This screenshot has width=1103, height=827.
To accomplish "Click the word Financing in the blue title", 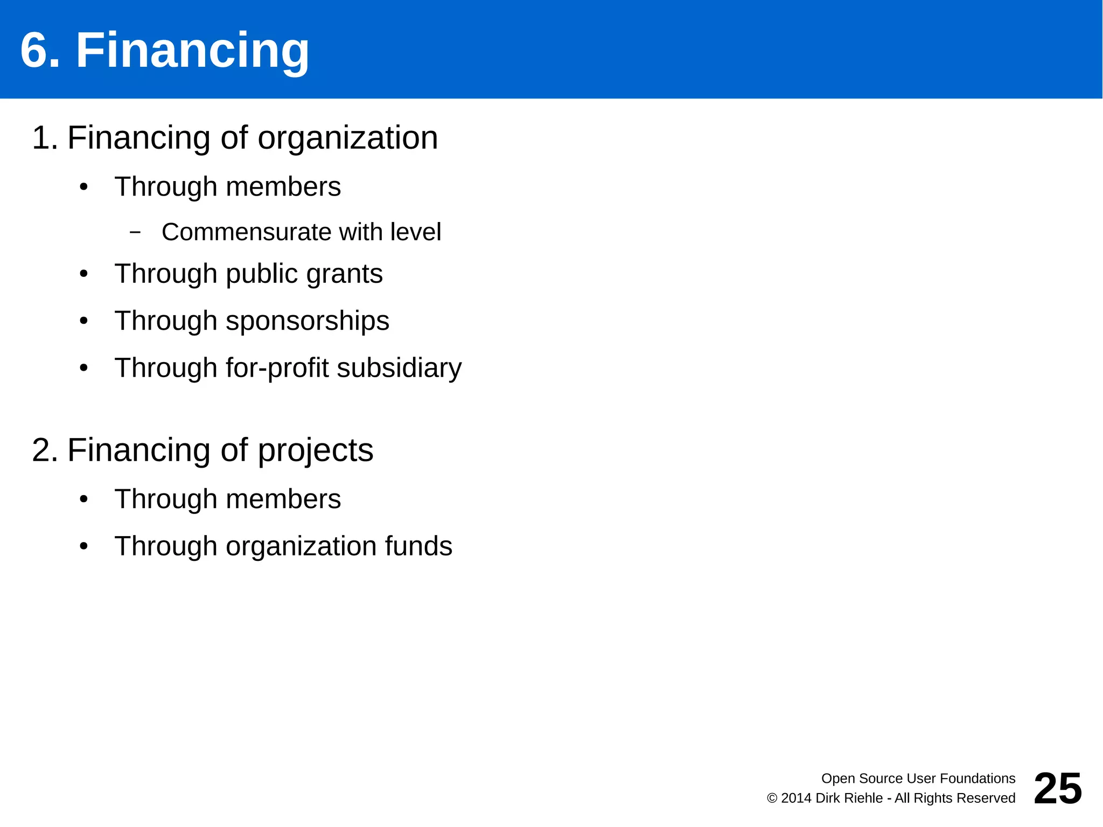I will (x=192, y=51).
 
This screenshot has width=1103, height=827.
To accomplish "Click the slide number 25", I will (x=1057, y=788).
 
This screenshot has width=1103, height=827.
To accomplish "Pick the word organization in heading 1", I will (x=347, y=138).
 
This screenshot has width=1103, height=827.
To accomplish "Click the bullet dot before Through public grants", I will (x=83, y=274).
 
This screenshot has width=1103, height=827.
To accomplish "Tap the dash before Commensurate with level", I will (x=135, y=232).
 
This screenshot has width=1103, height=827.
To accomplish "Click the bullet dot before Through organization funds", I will (x=83, y=546).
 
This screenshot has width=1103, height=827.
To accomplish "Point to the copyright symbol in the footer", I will (x=772, y=798).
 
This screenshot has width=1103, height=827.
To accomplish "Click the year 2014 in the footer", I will (x=796, y=798).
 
